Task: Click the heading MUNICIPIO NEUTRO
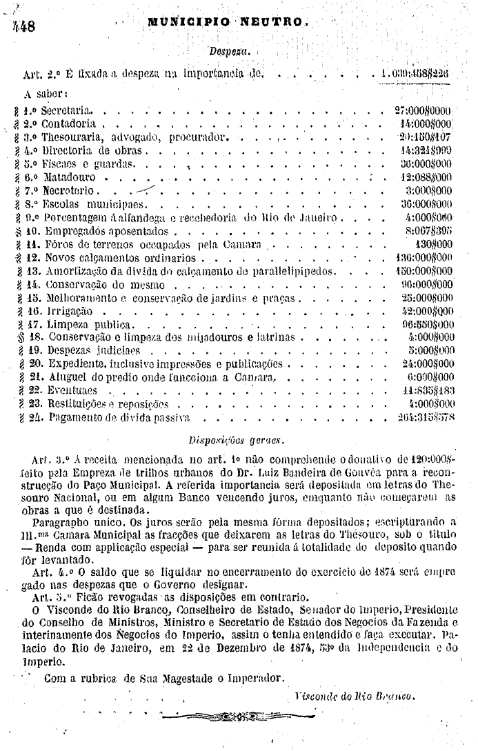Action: (x=226, y=22)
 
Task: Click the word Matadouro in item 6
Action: (x=68, y=177)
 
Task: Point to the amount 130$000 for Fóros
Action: (x=435, y=243)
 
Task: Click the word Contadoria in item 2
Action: (x=68, y=124)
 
